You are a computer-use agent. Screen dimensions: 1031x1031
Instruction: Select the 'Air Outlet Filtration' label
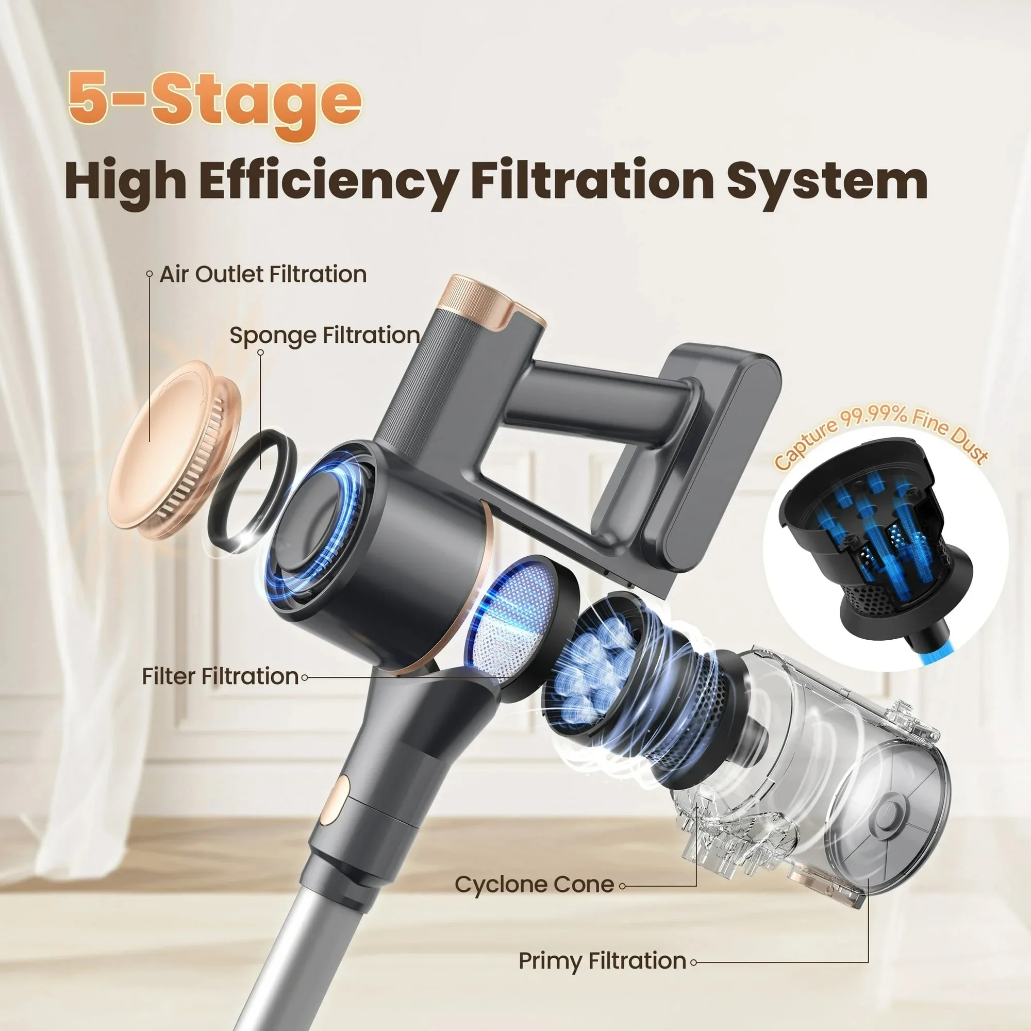(263, 274)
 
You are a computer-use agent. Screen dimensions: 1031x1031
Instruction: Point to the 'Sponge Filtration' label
(324, 336)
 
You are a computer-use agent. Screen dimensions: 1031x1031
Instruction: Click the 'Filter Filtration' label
(220, 677)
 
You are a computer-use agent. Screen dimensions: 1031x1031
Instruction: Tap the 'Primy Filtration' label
(603, 960)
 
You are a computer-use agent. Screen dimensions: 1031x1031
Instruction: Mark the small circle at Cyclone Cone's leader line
(622, 886)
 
